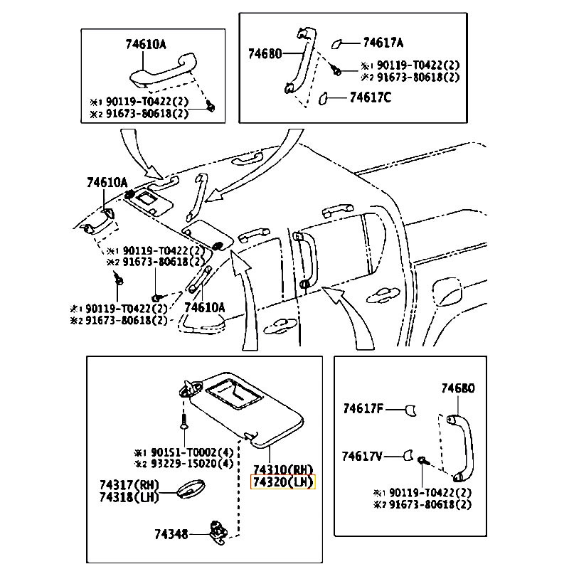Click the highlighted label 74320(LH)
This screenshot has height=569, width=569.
point(282,483)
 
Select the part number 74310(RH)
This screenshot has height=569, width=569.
point(282,470)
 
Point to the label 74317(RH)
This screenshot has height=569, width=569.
point(129,485)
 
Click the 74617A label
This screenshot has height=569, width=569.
point(383,42)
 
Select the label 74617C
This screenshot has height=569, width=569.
point(370,97)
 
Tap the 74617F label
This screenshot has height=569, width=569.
point(363,409)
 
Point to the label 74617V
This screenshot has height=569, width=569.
point(363,455)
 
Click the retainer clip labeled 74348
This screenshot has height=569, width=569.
point(218,529)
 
